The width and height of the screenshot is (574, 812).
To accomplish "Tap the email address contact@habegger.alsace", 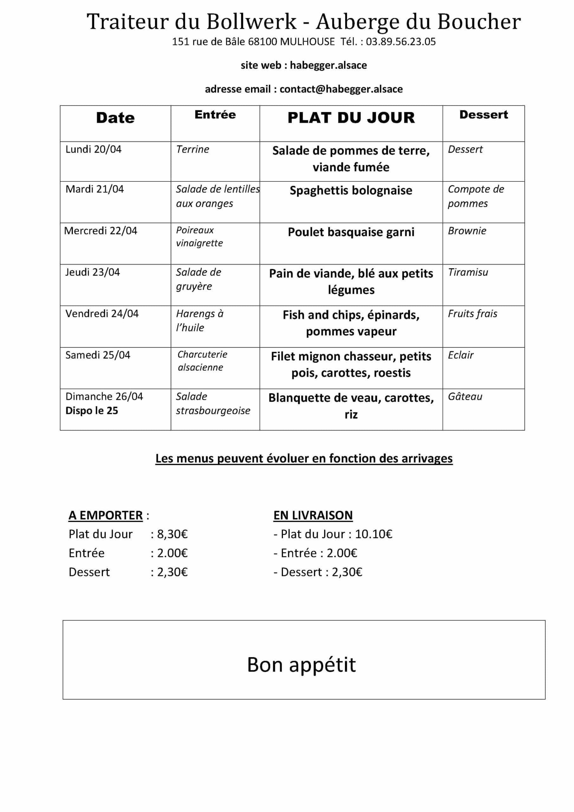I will [x=341, y=89].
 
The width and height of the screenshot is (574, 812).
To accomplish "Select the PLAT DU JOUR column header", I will [x=351, y=118].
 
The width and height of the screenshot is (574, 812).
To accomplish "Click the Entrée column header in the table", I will [x=215, y=115].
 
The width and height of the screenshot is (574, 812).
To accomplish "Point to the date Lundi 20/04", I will [x=93, y=149].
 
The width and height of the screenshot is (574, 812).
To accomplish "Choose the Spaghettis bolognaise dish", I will [x=351, y=191].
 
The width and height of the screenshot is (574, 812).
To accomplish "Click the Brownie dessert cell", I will [x=467, y=231].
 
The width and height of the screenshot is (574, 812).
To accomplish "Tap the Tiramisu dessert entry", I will [x=468, y=272].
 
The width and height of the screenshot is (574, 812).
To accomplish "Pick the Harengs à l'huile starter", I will [x=200, y=320].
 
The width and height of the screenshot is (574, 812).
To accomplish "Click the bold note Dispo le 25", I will [x=92, y=410].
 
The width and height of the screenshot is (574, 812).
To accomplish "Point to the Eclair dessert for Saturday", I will [x=461, y=355].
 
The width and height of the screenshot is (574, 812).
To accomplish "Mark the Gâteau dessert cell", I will [x=465, y=396].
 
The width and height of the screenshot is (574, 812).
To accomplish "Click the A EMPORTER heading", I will [x=106, y=515].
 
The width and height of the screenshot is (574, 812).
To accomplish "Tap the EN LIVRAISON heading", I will [x=313, y=515].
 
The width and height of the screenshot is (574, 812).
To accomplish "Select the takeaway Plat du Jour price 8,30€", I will [x=172, y=534].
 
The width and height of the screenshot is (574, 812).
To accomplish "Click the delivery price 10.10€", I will [x=373, y=534].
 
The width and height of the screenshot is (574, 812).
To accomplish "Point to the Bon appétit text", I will [x=301, y=665].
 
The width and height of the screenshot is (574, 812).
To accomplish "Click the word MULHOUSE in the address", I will [x=307, y=42].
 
